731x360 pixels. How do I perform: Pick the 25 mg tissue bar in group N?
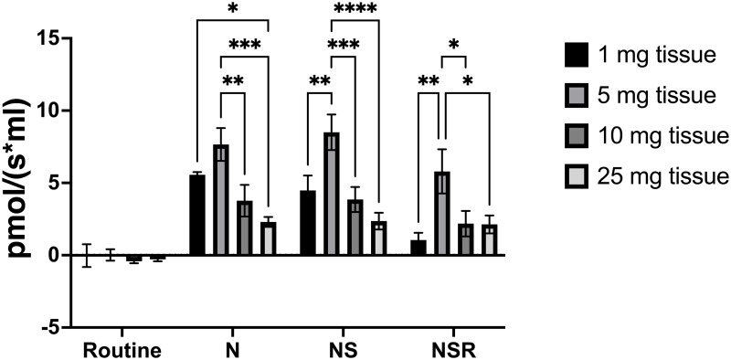(269, 238)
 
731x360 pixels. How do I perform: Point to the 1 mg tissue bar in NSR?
(418, 248)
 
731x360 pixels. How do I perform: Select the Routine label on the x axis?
(122, 349)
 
